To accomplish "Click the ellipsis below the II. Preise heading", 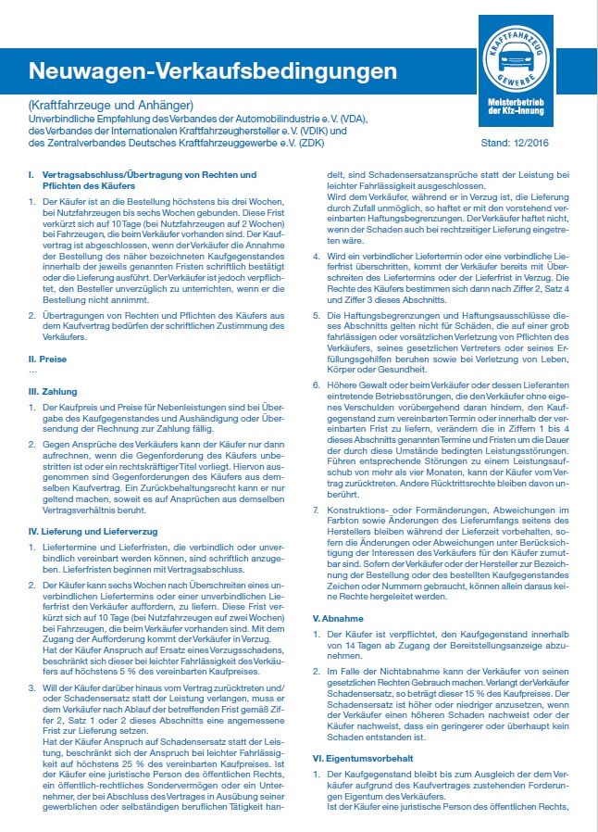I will click(x=33, y=370).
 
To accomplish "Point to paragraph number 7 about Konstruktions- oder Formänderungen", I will click(x=316, y=535).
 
